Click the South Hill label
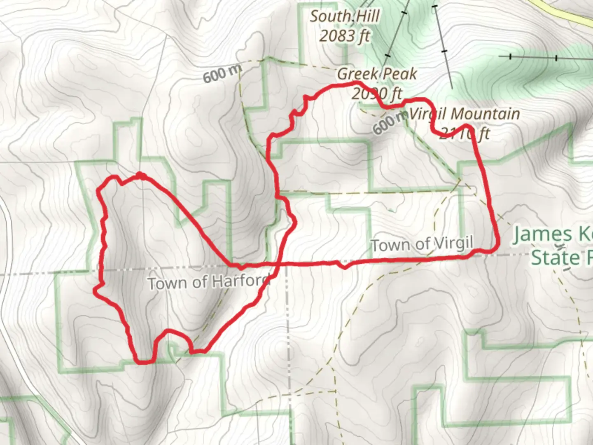point(344,16)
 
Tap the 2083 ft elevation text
point(344,36)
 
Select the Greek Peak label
point(377,74)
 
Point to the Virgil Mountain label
point(465,114)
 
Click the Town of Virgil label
point(422,244)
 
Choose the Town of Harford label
point(208,283)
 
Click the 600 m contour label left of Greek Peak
point(222,75)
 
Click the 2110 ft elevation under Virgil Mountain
point(464,133)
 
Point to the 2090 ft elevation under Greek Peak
point(376,94)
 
